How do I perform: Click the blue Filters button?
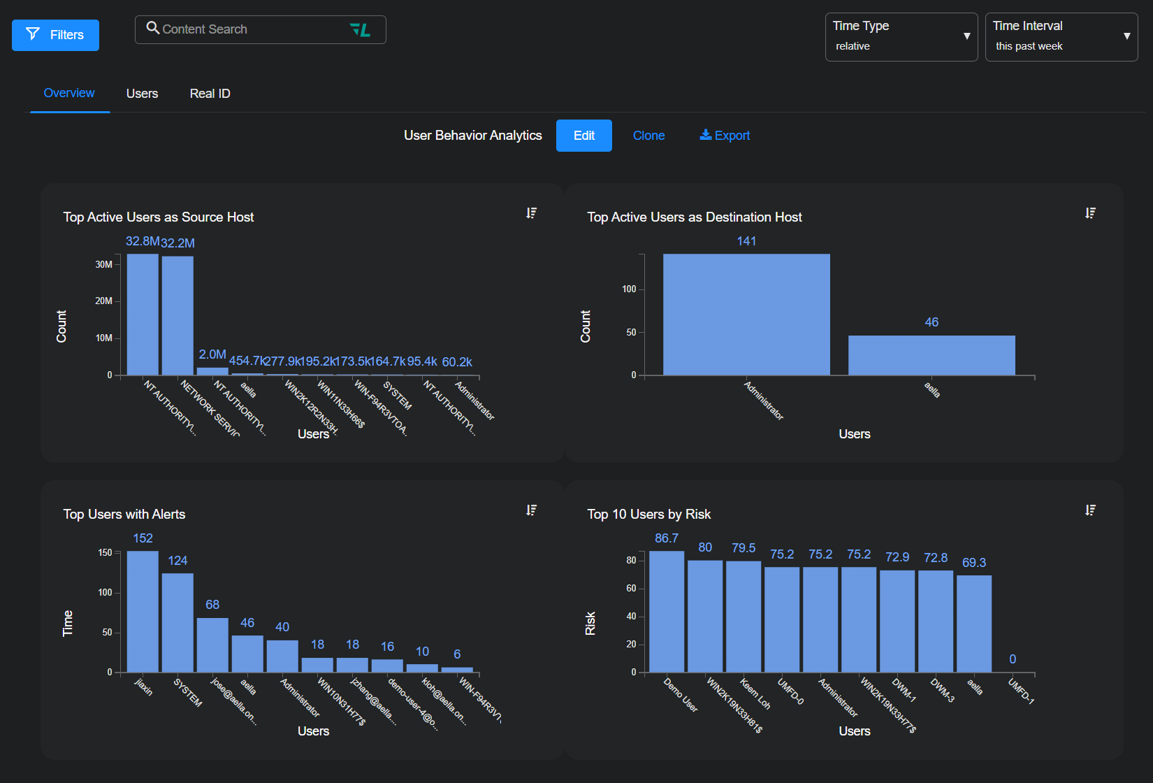[x=55, y=35]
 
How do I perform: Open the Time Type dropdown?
[x=901, y=36]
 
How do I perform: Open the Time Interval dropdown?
[x=1061, y=36]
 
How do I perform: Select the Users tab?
[x=142, y=94]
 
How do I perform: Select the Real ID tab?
[x=210, y=94]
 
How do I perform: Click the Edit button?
[x=583, y=136]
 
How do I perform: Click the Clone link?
[x=648, y=136]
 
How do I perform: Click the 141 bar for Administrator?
[x=746, y=315]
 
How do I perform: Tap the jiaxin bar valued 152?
[x=143, y=612]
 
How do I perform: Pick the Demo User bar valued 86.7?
[x=667, y=612]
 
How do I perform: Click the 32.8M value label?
[x=143, y=241]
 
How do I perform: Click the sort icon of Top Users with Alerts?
[x=532, y=510]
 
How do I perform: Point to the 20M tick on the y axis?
[x=104, y=301]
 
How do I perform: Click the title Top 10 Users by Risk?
[x=648, y=515]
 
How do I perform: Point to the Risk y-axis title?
[x=590, y=623]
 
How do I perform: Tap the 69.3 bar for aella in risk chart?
[x=974, y=624]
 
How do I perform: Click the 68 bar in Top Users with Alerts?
[x=212, y=645]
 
